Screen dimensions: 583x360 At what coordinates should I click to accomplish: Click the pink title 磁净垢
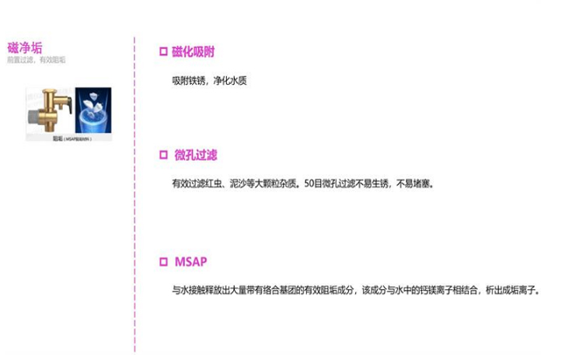24,47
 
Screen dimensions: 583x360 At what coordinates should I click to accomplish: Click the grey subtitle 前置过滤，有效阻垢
36,59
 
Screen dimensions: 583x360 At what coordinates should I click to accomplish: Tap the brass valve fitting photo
51,111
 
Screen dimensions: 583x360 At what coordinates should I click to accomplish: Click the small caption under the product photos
72,138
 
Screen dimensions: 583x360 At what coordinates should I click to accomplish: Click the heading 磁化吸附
194,52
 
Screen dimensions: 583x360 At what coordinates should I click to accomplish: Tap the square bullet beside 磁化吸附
163,52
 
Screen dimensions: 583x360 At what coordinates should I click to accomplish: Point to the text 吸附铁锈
189,81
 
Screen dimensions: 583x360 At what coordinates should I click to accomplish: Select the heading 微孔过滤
195,156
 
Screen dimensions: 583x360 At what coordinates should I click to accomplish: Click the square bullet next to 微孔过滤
163,156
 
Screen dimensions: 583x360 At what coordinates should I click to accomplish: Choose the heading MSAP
190,261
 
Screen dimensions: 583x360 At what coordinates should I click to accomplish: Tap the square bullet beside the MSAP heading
163,261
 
